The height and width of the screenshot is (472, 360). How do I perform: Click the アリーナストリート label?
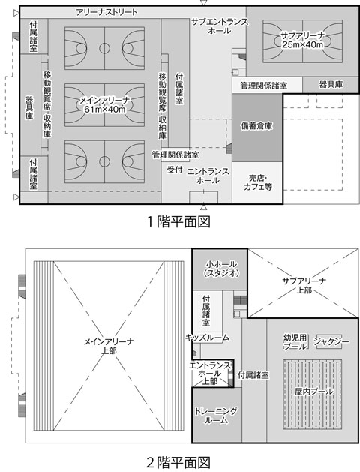pos(106,12)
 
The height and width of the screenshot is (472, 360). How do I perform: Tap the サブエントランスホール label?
pos(220,26)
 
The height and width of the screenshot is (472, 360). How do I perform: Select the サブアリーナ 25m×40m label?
pos(302,40)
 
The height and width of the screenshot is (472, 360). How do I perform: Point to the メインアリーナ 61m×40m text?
pos(104,104)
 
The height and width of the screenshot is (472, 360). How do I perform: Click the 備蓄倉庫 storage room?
pos(257,128)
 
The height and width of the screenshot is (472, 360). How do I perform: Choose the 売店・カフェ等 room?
pos(257,182)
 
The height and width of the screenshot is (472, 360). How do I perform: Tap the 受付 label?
pos(175,170)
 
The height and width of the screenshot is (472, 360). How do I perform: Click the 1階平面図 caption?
pos(178,222)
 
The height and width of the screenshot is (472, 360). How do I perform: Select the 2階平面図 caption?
pos(178,463)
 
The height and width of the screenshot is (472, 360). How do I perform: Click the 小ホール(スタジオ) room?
pos(220,269)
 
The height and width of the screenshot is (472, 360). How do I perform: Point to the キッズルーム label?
pos(208,338)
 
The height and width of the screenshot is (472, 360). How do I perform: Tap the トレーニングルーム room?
pos(217,415)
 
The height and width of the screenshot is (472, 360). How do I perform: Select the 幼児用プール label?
pos(295,342)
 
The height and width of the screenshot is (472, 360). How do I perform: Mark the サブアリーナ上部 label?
pos(304,285)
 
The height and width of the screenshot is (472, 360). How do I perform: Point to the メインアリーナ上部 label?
pos(109,346)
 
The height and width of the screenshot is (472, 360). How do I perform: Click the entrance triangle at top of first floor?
pos(204,3)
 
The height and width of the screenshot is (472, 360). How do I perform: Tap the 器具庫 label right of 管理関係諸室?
pos(331,84)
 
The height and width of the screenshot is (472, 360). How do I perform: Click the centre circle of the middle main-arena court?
pos(104,104)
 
